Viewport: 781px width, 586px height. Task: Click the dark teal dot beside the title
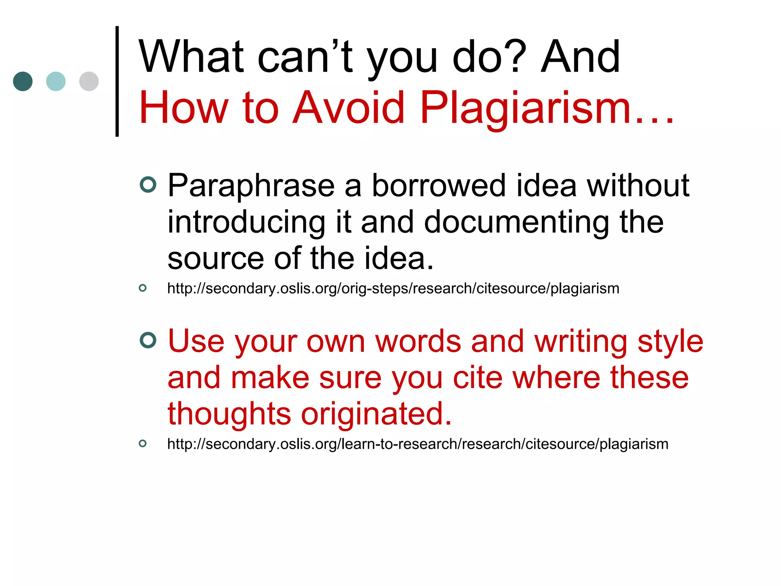coord(22,81)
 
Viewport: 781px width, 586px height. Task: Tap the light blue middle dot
coord(56,81)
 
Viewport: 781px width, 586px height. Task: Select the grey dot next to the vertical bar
coord(89,81)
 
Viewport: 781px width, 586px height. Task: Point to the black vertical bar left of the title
coord(117,81)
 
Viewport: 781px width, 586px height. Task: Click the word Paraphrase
coord(251,186)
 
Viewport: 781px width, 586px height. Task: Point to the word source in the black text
coord(215,259)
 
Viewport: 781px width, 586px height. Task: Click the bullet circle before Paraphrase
coord(148,185)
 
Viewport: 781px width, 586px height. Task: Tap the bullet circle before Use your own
coord(148,340)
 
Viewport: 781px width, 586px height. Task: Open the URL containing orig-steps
coord(393,289)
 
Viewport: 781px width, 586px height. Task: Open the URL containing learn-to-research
coord(418,444)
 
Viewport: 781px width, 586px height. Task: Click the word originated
coord(376,414)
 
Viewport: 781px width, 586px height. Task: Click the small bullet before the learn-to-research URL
coord(143,443)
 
